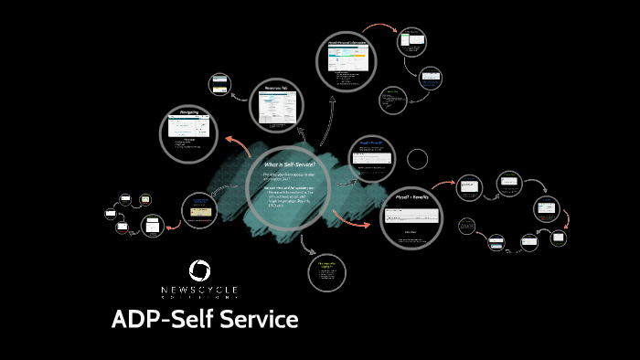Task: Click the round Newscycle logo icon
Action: click(x=199, y=270)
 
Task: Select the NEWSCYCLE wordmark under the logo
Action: click(x=199, y=291)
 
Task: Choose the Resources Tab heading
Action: click(x=277, y=89)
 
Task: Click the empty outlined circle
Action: click(x=417, y=160)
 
